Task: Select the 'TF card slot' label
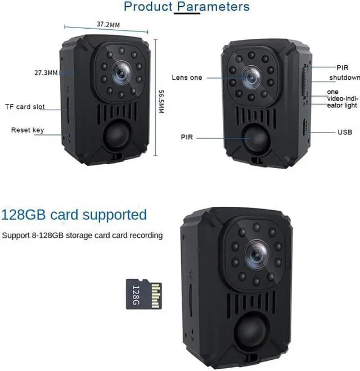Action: point(24,107)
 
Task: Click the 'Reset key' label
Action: point(27,130)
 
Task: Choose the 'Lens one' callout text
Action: point(187,78)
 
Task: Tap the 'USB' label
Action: point(345,133)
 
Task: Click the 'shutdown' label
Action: point(344,78)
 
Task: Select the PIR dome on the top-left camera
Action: point(117,135)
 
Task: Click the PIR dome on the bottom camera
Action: point(255,334)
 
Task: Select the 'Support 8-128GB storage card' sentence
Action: point(82,235)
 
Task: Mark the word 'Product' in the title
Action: point(147,7)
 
